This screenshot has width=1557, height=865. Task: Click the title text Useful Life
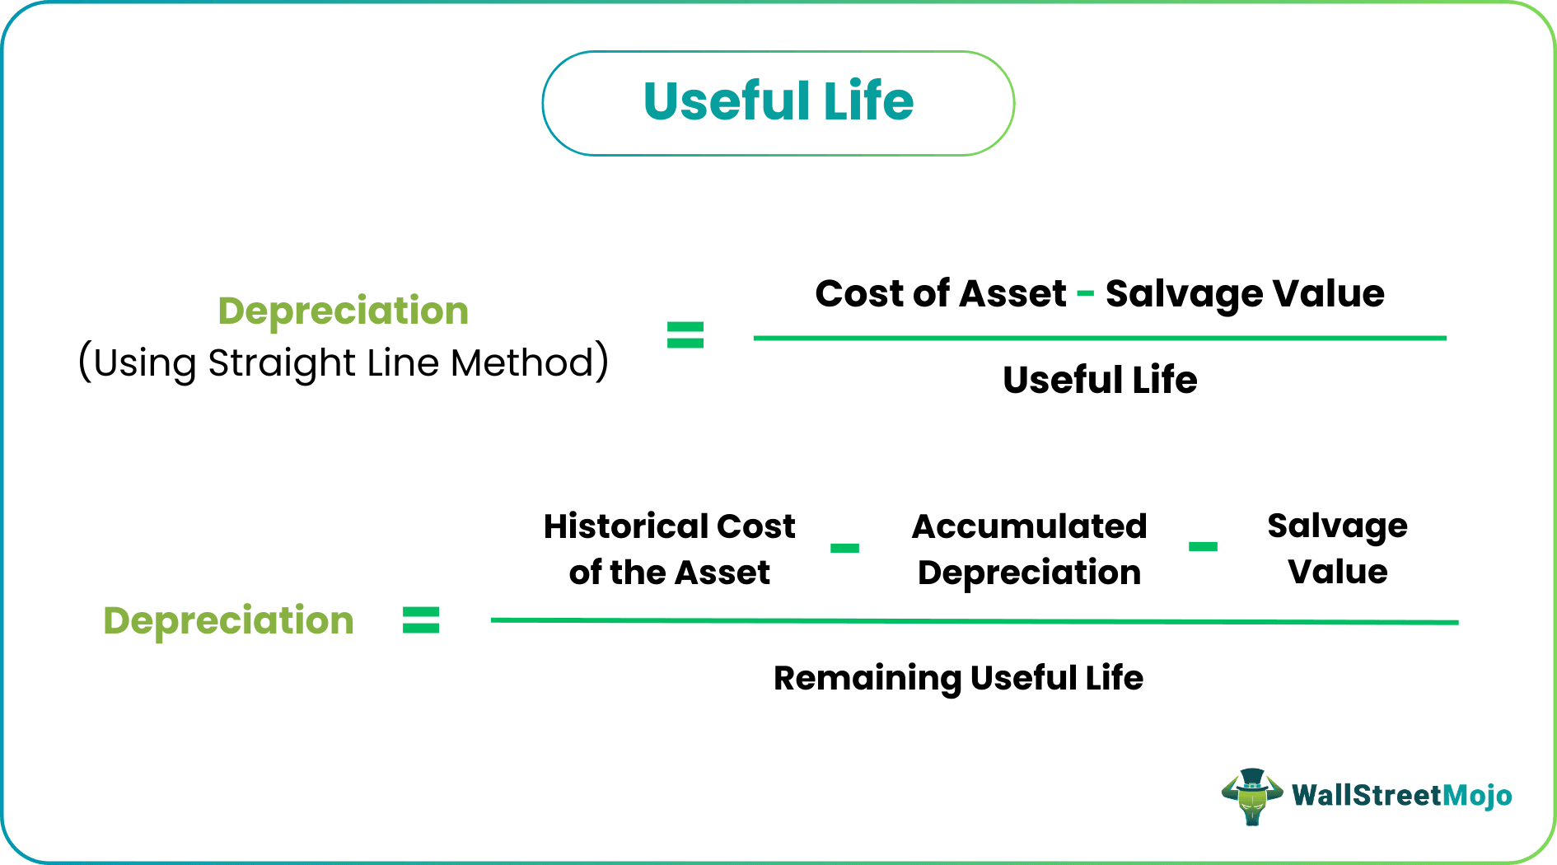coord(778,102)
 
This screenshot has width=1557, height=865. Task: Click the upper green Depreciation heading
coord(343,311)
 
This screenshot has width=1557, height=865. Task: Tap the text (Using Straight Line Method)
coord(343,362)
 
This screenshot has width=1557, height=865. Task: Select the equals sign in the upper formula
coord(685,335)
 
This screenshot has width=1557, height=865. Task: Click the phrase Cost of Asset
coord(940,294)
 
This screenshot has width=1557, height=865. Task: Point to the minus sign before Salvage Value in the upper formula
coord(1086,294)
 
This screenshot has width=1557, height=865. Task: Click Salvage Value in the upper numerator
coord(1244,294)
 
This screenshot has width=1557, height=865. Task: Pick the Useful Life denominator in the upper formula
coord(1100,381)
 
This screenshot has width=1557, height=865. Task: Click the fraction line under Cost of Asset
coord(1100,338)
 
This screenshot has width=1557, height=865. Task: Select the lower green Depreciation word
coord(228,620)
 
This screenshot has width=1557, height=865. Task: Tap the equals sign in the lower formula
coord(421,620)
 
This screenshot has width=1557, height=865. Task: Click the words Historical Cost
coord(669,526)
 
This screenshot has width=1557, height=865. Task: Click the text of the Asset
coord(669,573)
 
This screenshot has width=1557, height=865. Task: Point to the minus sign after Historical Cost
coord(844,548)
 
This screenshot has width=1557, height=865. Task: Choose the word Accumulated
coord(1029,526)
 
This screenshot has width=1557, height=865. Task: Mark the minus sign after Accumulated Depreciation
coord(1203,546)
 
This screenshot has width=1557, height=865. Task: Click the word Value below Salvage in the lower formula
coord(1337,572)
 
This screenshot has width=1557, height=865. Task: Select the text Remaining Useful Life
coord(958,678)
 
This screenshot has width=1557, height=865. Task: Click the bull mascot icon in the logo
coord(1251,797)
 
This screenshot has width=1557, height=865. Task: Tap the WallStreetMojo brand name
coord(1401,795)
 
